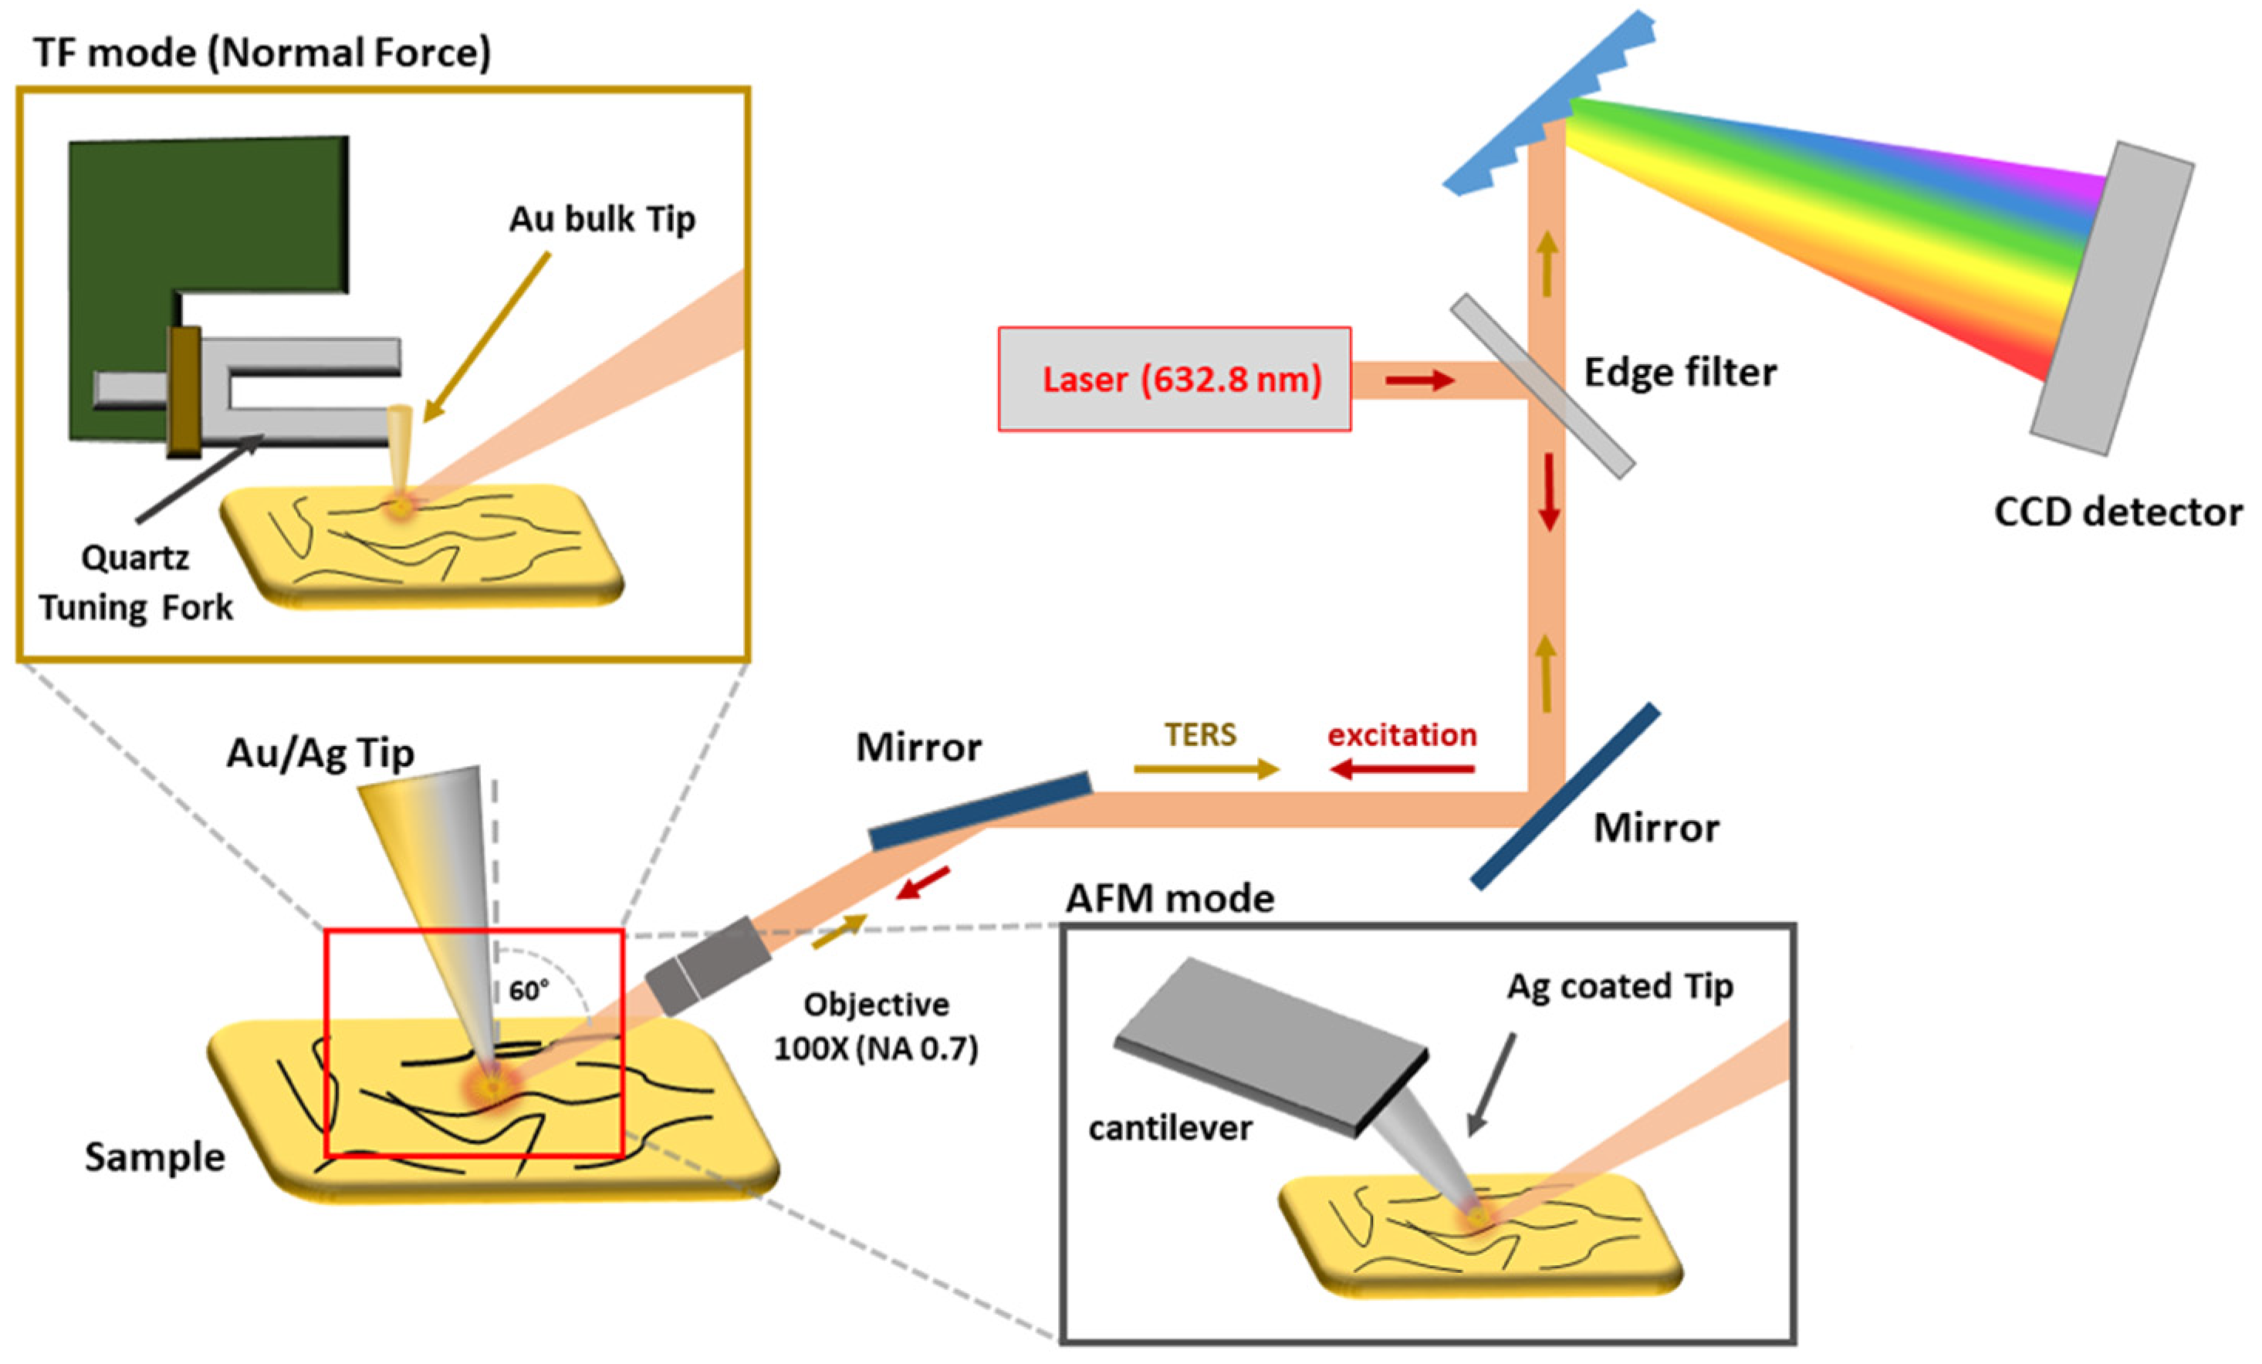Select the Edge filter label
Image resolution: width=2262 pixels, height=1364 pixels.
1680,373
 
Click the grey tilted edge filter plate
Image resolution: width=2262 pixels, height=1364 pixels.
1542,386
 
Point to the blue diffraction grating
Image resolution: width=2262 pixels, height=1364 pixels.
1551,101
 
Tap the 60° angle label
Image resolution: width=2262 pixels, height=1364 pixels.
529,991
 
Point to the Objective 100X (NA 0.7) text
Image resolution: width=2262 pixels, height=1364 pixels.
876,1026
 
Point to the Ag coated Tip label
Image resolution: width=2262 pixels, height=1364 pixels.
1621,986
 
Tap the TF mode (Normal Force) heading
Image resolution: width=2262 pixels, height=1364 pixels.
262,52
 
